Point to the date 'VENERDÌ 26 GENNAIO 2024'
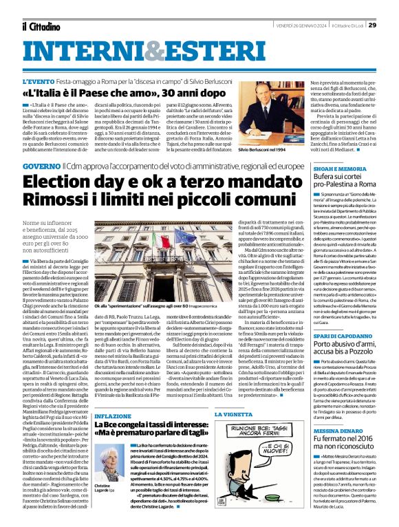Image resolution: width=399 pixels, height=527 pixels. (x=303, y=8)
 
